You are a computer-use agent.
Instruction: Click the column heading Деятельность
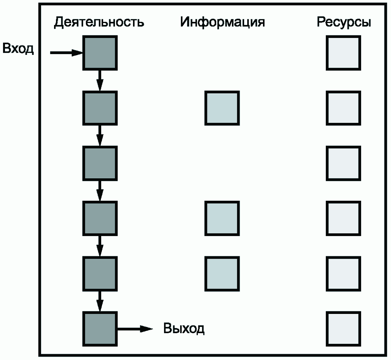(99, 22)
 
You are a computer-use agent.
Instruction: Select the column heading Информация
(222, 22)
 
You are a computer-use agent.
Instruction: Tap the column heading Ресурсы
(343, 22)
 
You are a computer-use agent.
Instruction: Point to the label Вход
(18, 49)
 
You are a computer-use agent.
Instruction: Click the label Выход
(184, 329)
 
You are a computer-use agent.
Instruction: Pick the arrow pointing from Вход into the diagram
(66, 53)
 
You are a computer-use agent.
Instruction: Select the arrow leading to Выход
(134, 329)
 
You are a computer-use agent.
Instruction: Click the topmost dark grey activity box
(100, 53)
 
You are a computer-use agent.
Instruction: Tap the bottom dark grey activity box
(100, 329)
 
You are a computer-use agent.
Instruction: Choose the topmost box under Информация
(222, 108)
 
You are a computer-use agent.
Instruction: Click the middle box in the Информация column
(222, 218)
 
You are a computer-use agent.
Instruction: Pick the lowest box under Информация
(222, 273)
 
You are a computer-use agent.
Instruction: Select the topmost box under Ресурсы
(343, 53)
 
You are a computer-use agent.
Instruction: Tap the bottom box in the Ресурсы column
(343, 329)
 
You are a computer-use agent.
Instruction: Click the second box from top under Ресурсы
(343, 108)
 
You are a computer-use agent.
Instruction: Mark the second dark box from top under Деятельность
(100, 108)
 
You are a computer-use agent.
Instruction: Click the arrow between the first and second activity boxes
(100, 80)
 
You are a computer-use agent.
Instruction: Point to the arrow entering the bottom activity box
(100, 301)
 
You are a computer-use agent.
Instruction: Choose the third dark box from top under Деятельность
(100, 163)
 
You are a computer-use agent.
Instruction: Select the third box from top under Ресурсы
(343, 163)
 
